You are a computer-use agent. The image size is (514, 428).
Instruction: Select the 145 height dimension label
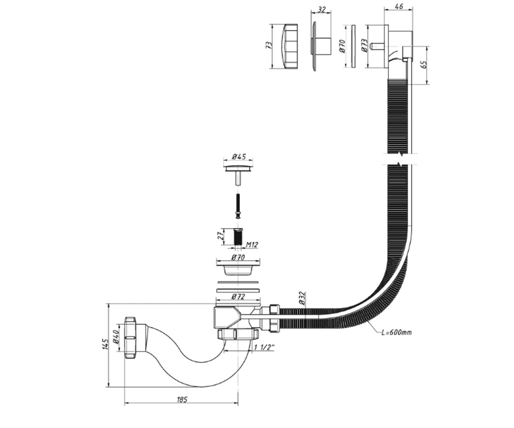pos(105,345)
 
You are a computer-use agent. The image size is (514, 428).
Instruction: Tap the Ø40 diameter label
pos(116,337)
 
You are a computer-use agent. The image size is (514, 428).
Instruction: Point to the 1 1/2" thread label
pos(264,347)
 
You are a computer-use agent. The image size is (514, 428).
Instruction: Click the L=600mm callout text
pos(396,333)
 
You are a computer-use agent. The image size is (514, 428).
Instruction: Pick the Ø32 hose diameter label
pos(302,298)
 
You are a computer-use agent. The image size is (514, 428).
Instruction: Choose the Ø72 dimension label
pos(238,297)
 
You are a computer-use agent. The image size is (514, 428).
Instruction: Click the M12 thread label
pos(252,245)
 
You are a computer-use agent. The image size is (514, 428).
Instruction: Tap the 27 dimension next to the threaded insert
pos(221,236)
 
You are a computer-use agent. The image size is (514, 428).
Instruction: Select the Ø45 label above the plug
pos(239,157)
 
